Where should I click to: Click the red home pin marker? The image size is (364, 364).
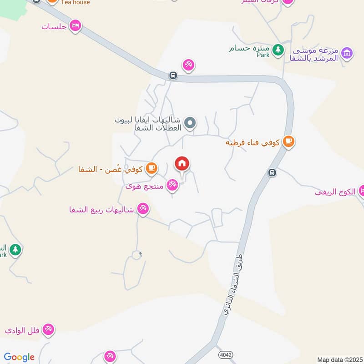pos(182,164)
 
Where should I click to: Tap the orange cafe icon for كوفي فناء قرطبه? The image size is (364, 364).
pos(288,142)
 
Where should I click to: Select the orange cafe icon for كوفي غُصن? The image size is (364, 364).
pos(152,168)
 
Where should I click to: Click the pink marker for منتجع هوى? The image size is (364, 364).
pos(172,184)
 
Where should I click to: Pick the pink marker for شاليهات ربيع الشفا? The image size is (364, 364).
pos(143,209)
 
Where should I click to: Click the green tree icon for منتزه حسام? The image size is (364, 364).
pos(278,49)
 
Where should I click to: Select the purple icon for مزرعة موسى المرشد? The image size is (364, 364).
pos(347,54)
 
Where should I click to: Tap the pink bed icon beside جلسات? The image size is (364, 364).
pos(76,25)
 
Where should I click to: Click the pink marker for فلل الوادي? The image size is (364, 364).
pos(48,329)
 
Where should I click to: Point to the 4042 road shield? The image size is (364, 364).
pos(223,354)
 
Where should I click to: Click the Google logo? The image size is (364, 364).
pos(19,357)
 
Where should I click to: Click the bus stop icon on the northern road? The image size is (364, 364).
pos(173,76)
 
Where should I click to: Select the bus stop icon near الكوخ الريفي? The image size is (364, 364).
pos(272,172)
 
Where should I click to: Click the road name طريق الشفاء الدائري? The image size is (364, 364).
pos(233,284)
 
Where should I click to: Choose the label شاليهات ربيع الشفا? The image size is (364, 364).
pos(101,210)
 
